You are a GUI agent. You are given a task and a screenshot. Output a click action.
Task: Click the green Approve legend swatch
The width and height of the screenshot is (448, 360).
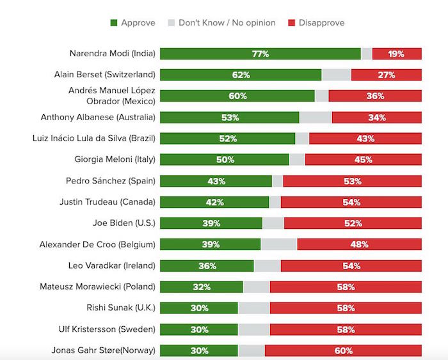click(115, 23)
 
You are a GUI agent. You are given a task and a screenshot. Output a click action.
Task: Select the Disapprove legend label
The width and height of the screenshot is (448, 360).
click(321, 23)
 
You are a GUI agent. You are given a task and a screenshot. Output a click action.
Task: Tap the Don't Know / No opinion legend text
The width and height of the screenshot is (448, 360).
click(227, 23)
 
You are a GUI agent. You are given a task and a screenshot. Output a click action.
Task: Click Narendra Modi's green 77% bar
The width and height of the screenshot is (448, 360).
click(260, 54)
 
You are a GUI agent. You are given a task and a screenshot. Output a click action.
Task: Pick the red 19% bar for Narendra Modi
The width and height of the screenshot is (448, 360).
click(396, 54)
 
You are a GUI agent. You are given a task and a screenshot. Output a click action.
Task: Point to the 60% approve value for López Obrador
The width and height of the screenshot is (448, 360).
click(237, 96)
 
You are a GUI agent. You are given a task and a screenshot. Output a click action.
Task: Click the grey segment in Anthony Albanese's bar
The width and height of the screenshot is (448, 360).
click(315, 117)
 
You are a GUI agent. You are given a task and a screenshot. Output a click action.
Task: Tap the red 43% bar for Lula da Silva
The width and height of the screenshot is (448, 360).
click(365, 138)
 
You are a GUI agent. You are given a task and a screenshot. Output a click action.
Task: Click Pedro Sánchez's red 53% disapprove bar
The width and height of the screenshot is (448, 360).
click(352, 181)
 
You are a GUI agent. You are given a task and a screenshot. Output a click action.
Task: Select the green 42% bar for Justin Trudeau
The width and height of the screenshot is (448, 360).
click(214, 202)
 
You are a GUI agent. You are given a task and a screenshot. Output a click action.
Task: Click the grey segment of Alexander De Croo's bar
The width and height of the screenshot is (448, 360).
click(278, 244)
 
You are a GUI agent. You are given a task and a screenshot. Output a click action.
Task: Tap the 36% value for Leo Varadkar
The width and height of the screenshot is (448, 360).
click(206, 265)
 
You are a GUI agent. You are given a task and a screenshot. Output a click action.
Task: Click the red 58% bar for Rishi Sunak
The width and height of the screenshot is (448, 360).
click(346, 308)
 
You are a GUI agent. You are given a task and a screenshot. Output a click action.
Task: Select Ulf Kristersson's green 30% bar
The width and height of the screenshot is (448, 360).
click(198, 329)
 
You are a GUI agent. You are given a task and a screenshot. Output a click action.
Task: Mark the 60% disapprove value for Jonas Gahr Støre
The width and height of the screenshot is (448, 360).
click(343, 350)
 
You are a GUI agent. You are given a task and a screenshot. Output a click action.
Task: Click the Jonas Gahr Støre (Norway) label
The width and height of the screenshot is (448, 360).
click(104, 350)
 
